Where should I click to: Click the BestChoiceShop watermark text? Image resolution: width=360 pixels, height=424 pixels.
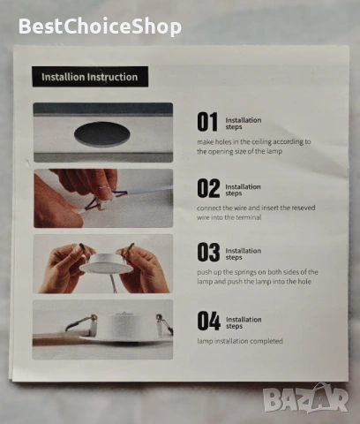100,26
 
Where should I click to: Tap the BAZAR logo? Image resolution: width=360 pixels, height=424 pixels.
305,398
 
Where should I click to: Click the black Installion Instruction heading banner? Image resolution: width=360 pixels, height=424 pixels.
90,77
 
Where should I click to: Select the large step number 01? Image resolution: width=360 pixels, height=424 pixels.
207,122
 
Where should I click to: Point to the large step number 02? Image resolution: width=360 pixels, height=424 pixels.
208,188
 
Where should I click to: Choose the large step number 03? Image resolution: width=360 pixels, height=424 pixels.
208,252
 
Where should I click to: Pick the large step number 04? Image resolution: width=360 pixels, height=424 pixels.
209,321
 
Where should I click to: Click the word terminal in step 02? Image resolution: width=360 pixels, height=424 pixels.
249,217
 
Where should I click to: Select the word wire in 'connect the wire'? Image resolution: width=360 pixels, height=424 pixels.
240,208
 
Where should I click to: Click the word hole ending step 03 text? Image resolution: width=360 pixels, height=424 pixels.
304,282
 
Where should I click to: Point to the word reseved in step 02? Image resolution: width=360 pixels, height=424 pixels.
304,208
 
